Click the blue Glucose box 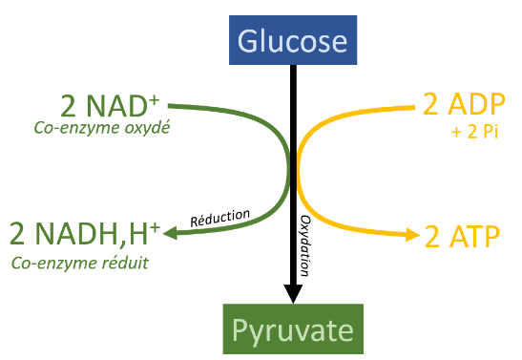point(293,40)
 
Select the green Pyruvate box point(293,329)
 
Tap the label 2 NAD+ point(110,106)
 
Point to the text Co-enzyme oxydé point(102,128)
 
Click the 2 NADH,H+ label point(85,233)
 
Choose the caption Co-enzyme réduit point(80,264)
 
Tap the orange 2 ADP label point(464,103)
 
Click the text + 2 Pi point(474,132)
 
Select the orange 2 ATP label point(463,236)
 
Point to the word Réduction point(220,218)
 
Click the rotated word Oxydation point(305,245)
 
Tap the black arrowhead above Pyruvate point(293,294)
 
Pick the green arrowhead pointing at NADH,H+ point(170,233)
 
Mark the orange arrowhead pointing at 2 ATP point(413,235)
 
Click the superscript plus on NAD point(155,100)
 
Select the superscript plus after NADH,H point(156,228)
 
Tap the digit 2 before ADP point(430,104)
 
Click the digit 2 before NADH point(17,233)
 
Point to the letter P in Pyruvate point(240,329)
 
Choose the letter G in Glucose point(246,40)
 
